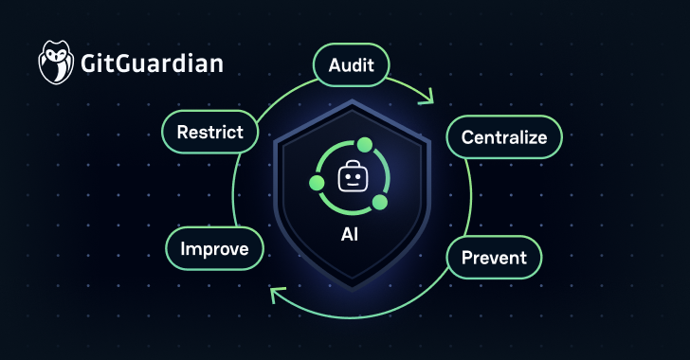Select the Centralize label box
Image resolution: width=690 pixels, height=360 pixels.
504,137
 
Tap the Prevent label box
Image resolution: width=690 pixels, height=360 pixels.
494,256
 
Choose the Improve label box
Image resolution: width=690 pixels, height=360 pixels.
214,249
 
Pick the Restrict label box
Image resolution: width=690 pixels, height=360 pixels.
209,133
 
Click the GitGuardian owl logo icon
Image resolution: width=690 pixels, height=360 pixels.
56,63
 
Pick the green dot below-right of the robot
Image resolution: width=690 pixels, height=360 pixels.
379,203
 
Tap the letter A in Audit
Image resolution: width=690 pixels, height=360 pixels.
334,65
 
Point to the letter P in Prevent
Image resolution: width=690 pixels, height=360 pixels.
467,256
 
